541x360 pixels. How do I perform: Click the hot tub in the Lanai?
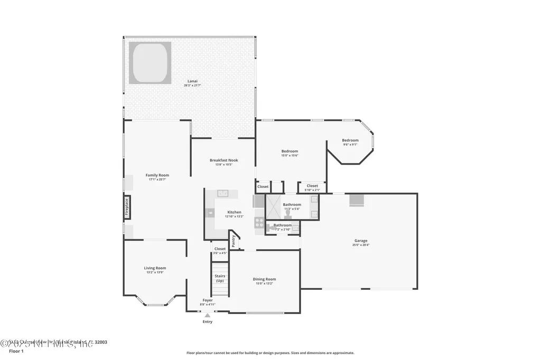pos(150,63)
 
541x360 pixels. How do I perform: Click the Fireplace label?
pos(127,207)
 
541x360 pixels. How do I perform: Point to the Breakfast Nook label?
pos(223,160)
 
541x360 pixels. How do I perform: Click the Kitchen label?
pos(234,212)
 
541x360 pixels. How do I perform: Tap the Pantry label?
pos(234,240)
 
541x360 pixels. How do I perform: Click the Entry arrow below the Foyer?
pos(207,315)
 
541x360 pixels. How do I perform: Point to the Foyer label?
pos(208,300)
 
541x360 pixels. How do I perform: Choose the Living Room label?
pos(155,268)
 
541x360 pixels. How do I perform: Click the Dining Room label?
pos(264,279)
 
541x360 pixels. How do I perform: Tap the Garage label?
pos(361,241)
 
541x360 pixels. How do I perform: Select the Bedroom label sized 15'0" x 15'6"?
pos(290,151)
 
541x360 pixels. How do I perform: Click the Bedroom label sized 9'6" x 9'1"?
pos(350,140)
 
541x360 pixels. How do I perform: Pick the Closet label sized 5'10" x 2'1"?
pos(312,186)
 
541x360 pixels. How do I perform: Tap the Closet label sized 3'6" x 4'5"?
pos(220,249)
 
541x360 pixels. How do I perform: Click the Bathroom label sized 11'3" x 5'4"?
pos(292,205)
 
